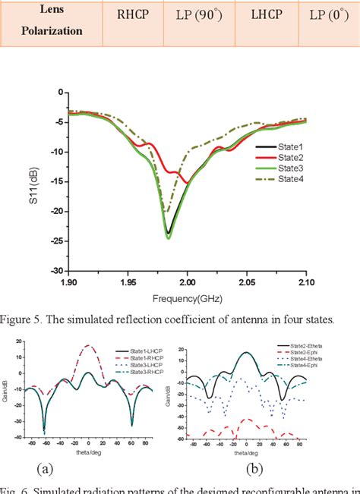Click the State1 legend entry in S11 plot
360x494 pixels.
[289, 146]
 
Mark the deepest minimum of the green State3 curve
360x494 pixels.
[169, 238]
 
